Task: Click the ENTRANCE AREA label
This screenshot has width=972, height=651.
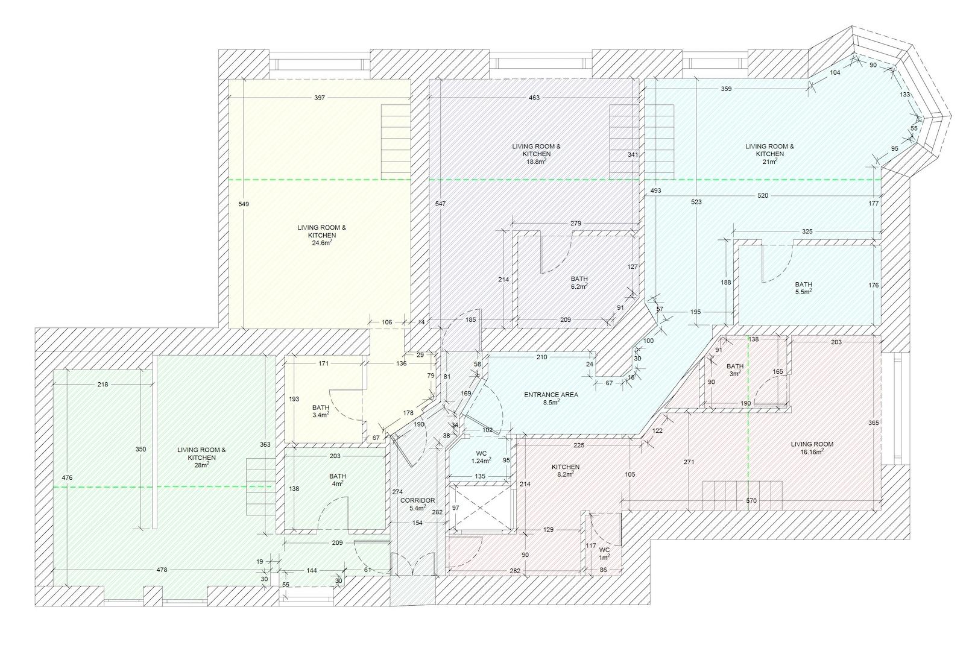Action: (x=551, y=395)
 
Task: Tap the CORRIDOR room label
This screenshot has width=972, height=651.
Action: (x=417, y=500)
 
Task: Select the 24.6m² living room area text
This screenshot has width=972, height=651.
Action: (x=321, y=243)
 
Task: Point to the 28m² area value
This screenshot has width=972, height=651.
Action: (x=202, y=465)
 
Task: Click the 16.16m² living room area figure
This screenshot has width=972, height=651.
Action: (x=812, y=452)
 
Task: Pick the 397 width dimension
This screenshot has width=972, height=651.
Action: (x=320, y=98)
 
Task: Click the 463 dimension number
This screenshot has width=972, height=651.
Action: (x=534, y=98)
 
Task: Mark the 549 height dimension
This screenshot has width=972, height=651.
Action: (x=244, y=204)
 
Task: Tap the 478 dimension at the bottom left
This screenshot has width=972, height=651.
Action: (x=162, y=570)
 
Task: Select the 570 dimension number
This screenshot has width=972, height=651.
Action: (x=751, y=501)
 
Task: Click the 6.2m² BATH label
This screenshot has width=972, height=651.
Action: (x=579, y=283)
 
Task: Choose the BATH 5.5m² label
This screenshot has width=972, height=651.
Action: (x=803, y=288)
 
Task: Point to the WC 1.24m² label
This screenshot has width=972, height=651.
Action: (x=481, y=457)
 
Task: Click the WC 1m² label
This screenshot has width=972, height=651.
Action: (x=604, y=553)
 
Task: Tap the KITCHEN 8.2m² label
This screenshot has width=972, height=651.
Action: (x=566, y=471)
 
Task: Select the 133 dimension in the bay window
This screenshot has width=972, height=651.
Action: (x=904, y=95)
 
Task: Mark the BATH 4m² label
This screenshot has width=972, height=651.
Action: (x=338, y=480)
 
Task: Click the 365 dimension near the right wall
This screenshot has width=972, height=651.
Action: (x=874, y=423)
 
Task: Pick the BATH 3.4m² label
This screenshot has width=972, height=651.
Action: (x=321, y=411)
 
